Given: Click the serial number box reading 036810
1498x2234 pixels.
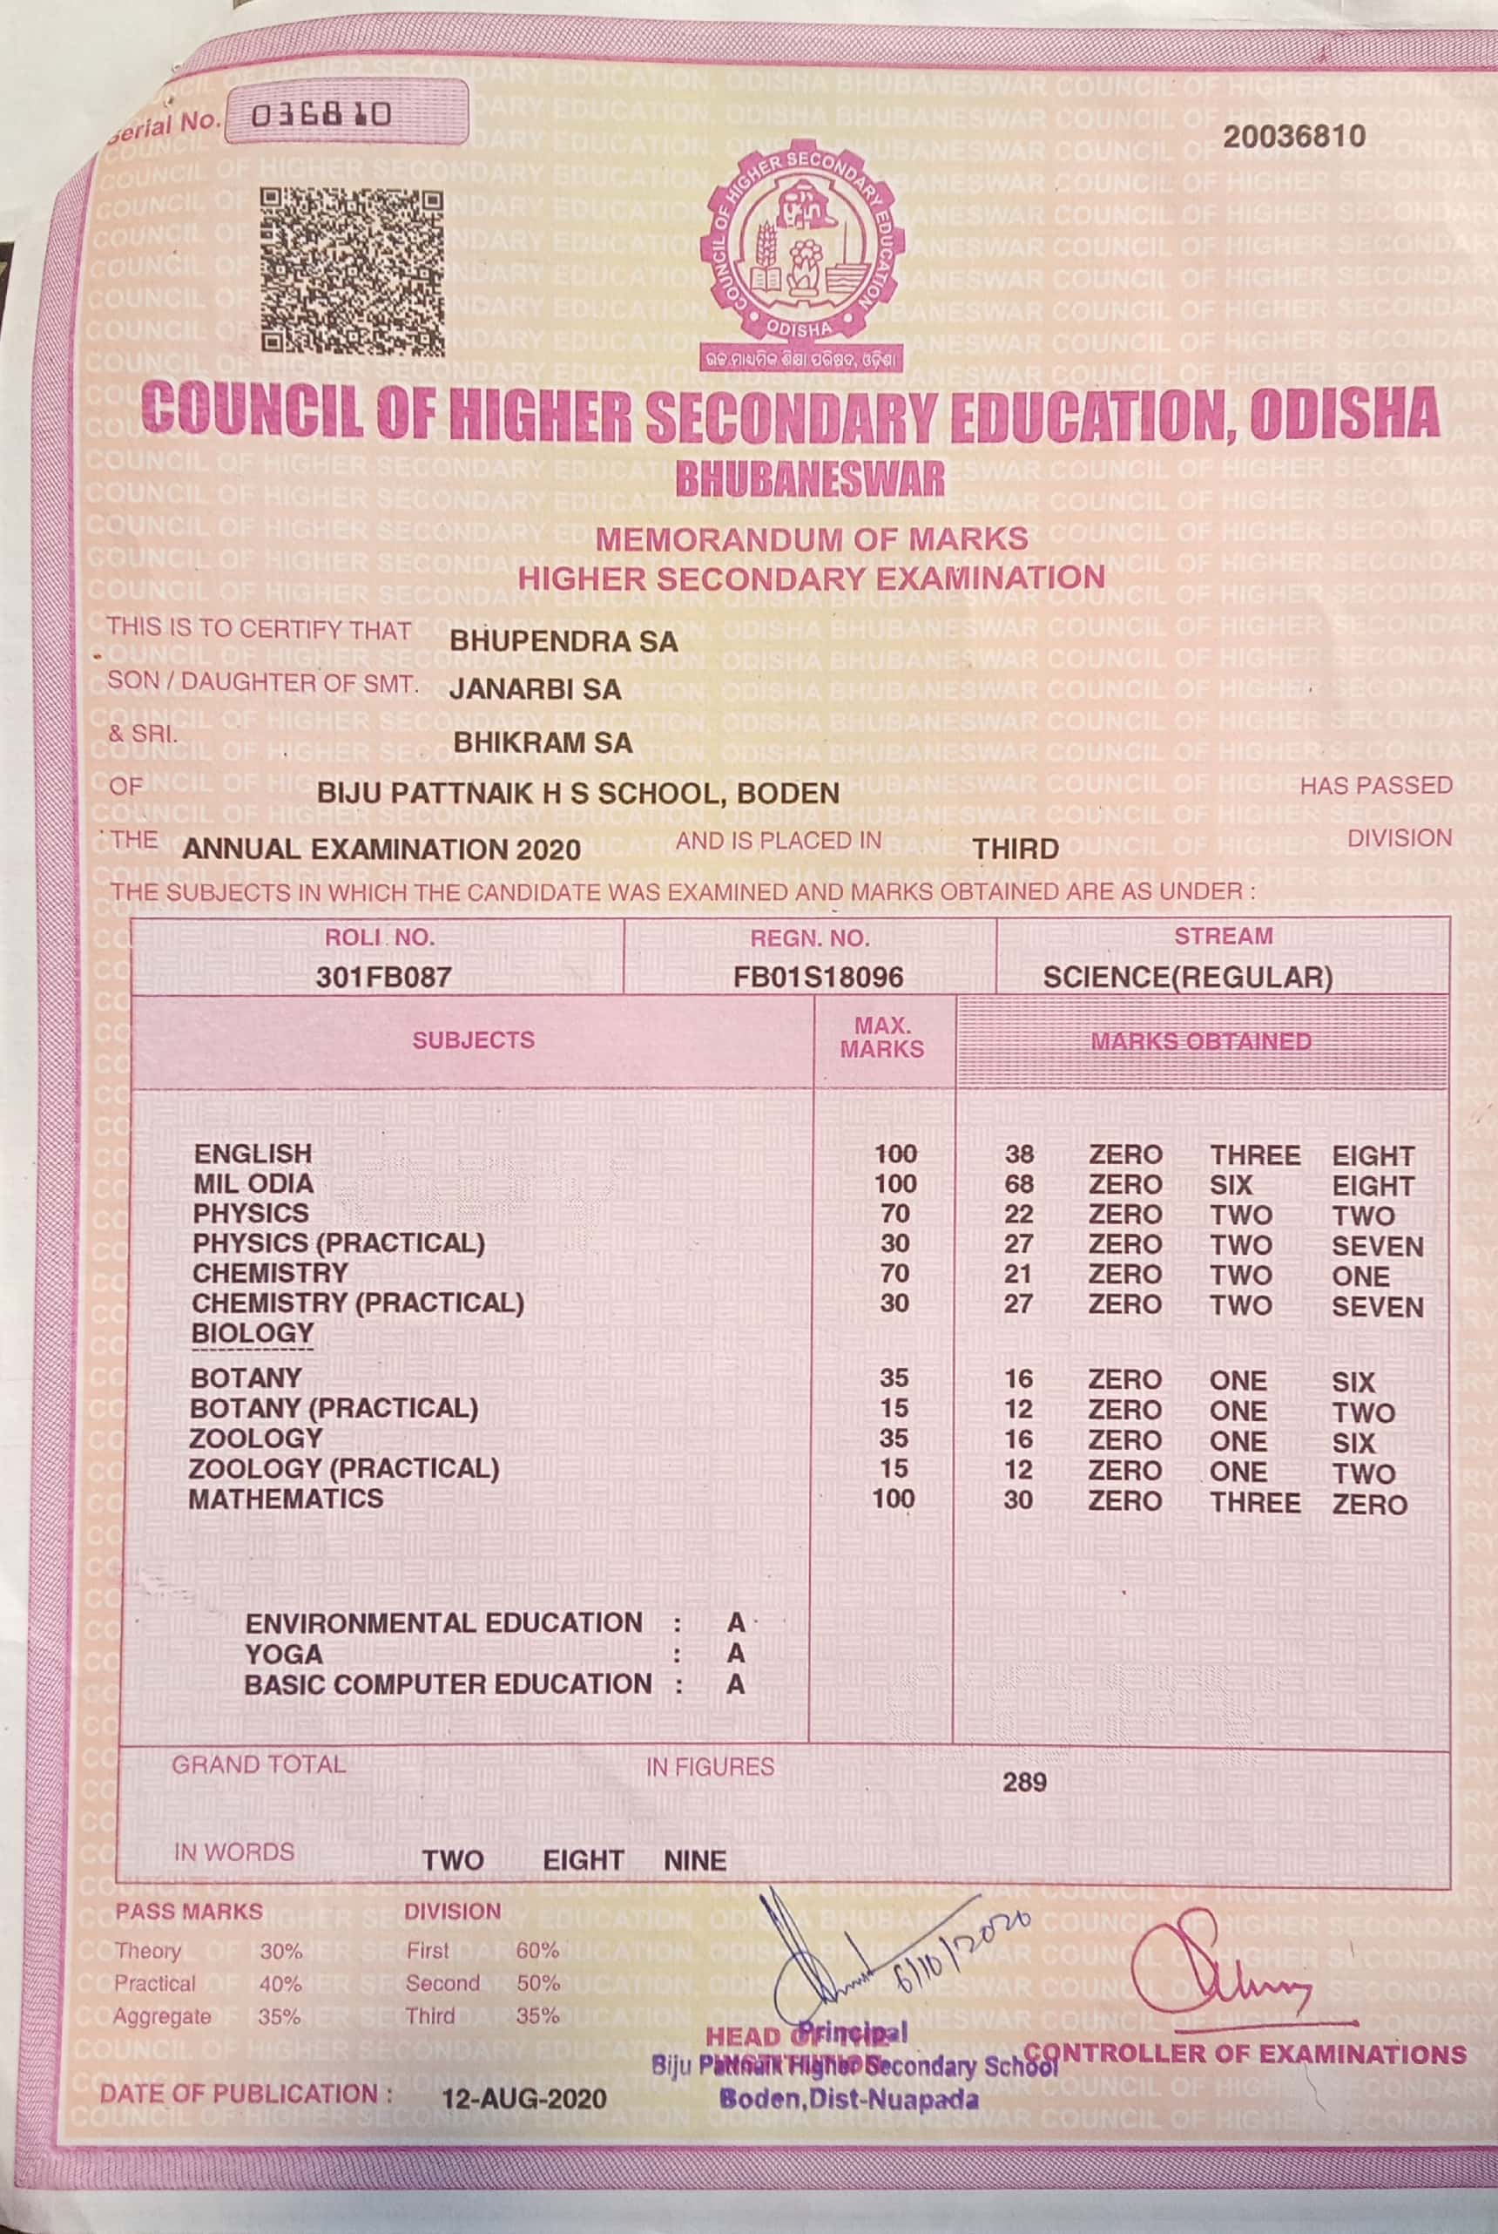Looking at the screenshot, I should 321,116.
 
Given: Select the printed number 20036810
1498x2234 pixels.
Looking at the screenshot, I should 1293,137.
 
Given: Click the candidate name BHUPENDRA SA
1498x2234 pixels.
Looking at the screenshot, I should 563,640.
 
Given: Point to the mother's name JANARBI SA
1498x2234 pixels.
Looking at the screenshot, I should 535,689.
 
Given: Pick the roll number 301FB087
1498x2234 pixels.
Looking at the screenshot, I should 383,976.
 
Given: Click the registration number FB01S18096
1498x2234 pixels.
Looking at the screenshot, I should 818,977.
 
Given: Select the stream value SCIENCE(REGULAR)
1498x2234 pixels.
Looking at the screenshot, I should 1187,977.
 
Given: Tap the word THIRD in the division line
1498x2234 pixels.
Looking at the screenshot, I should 1016,849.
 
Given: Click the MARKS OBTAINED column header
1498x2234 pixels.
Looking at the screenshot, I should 1201,1040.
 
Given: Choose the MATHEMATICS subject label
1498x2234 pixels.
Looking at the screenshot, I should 285,1499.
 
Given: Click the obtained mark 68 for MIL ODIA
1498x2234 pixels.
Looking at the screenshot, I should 1018,1184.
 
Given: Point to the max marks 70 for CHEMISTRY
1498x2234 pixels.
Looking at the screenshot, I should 894,1273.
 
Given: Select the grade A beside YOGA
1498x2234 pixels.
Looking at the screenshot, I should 735,1653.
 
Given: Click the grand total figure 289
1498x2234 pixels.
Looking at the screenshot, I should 1024,1781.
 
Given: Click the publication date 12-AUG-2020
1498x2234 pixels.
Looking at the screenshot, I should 523,2097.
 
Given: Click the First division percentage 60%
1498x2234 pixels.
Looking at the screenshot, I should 536,1950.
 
